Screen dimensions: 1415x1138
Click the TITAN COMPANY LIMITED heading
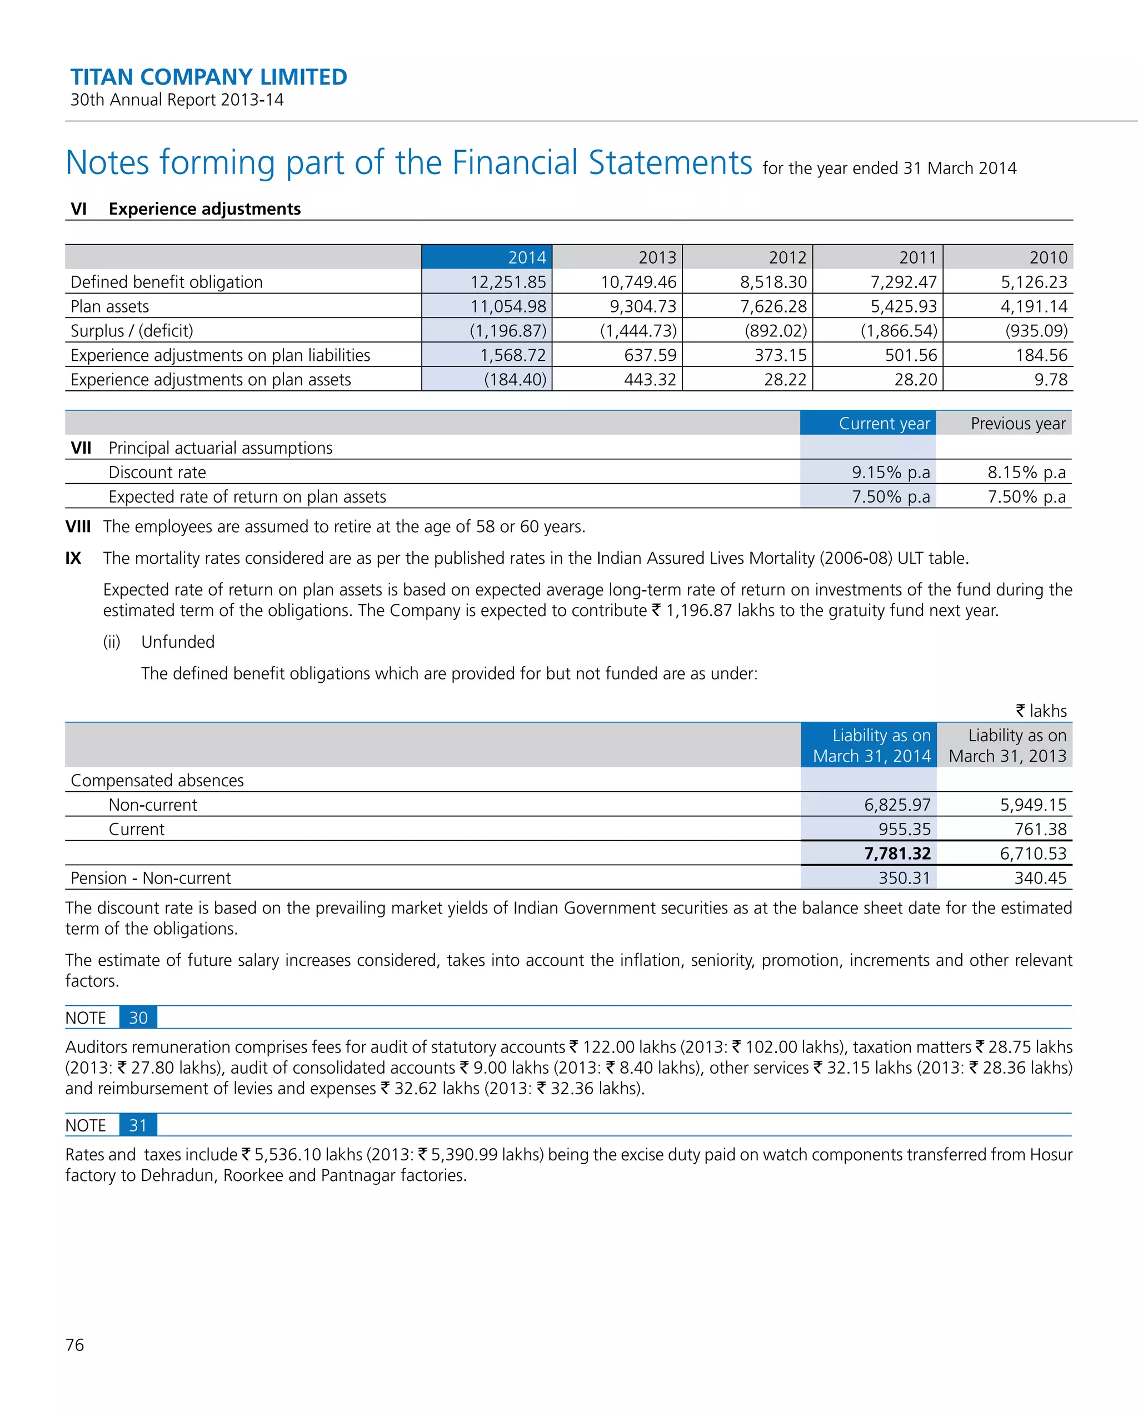[208, 77]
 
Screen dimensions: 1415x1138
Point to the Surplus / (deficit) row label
[132, 331]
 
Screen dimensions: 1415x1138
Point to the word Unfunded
[178, 642]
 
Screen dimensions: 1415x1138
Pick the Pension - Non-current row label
[151, 878]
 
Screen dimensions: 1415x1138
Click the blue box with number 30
[138, 1018]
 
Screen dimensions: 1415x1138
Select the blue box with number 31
[138, 1125]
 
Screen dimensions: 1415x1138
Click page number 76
[75, 1345]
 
